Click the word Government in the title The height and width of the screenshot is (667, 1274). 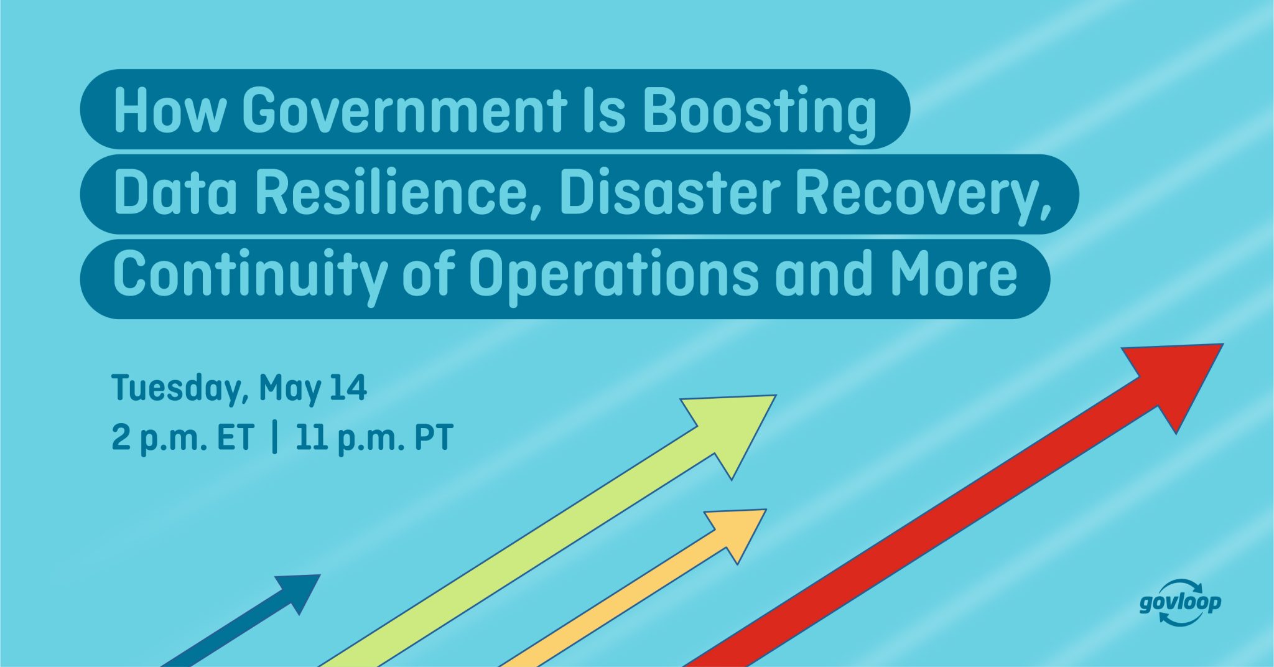point(404,111)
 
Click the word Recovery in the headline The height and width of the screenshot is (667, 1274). point(923,194)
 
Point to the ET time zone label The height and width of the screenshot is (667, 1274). point(235,437)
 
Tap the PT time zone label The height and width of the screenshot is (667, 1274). point(433,437)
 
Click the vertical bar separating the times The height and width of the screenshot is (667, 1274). point(275,437)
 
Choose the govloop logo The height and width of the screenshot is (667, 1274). point(1180,602)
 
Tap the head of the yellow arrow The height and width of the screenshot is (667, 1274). point(740,529)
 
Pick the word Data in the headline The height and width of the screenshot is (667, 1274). point(175,194)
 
